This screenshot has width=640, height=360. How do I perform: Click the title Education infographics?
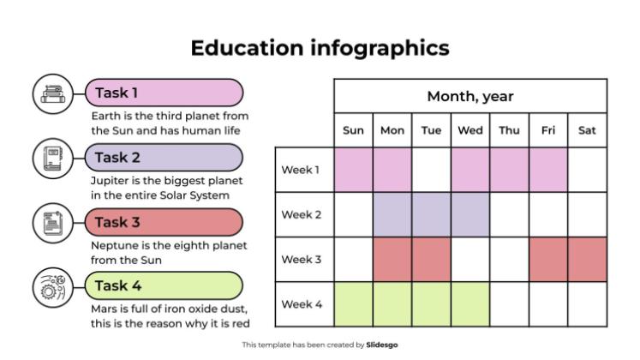pyautogui.click(x=320, y=48)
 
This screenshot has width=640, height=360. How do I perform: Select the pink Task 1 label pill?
pyautogui.click(x=164, y=93)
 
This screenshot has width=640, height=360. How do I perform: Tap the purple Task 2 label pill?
pyautogui.click(x=164, y=157)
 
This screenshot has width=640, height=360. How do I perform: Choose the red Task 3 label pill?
pyautogui.click(x=164, y=222)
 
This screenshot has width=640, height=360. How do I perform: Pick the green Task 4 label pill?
pyautogui.click(x=164, y=285)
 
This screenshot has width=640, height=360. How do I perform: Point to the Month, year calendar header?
pyautogui.click(x=470, y=96)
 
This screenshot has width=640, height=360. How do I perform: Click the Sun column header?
pyautogui.click(x=353, y=130)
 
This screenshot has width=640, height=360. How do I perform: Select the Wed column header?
pyautogui.click(x=470, y=130)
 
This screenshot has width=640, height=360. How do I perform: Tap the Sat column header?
pyautogui.click(x=587, y=130)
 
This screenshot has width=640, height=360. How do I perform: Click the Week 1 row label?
pyautogui.click(x=301, y=170)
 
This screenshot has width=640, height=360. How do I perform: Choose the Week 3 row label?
pyautogui.click(x=301, y=260)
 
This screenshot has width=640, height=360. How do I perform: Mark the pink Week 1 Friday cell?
pyautogui.click(x=548, y=170)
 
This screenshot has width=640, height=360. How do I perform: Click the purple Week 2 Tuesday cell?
pyautogui.click(x=431, y=214)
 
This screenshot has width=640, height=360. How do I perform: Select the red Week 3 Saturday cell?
pyautogui.click(x=587, y=260)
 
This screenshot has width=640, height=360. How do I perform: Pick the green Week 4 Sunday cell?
pyautogui.click(x=353, y=304)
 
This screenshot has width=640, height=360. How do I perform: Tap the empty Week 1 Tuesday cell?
pyautogui.click(x=431, y=170)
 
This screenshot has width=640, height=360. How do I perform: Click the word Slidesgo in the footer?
pyautogui.click(x=382, y=345)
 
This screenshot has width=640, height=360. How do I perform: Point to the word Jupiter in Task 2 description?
pyautogui.click(x=109, y=181)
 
